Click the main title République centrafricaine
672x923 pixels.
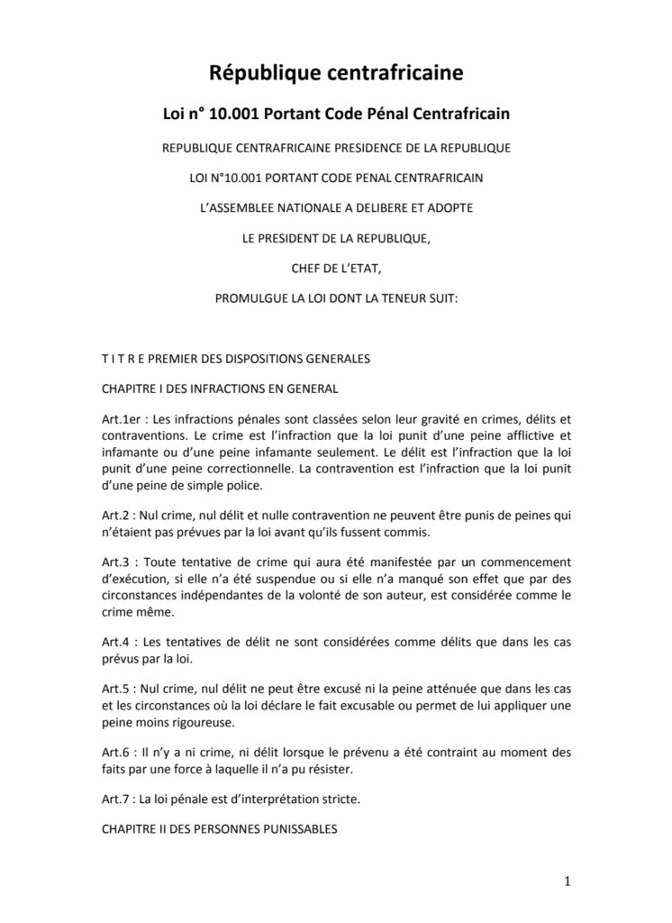[x=336, y=71]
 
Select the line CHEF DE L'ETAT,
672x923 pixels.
[x=336, y=266]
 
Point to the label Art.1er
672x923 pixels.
[x=121, y=420]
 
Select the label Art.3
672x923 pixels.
[x=117, y=561]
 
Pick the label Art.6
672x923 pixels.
[x=117, y=750]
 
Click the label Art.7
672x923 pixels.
[x=117, y=797]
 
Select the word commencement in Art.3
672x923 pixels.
[x=527, y=561]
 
